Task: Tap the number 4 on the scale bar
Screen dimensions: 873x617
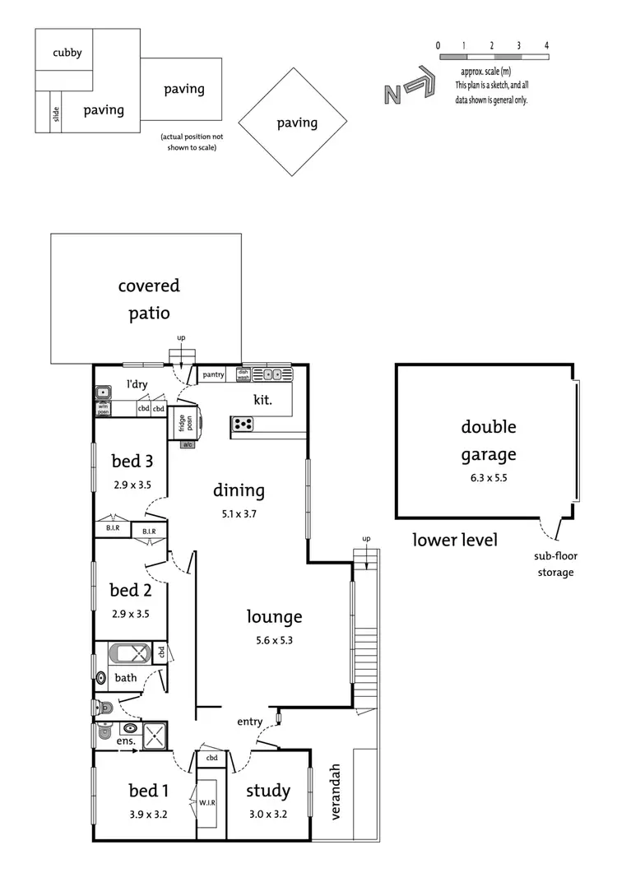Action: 546,45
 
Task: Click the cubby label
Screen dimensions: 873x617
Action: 67,53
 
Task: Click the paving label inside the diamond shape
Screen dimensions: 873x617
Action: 297,123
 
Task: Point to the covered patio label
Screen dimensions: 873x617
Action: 149,300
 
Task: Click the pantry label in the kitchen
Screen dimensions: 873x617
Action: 213,374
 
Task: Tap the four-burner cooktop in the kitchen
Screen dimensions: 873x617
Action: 244,424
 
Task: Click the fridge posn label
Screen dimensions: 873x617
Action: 184,422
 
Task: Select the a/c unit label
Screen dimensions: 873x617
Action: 188,444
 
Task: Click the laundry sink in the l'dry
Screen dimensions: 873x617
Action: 103,392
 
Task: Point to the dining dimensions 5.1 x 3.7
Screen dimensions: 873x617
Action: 239,513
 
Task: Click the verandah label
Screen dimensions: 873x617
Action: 335,792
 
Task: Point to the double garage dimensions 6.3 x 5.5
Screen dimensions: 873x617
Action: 488,476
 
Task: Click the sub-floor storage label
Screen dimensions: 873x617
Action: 556,564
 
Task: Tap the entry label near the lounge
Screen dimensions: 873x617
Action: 249,722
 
